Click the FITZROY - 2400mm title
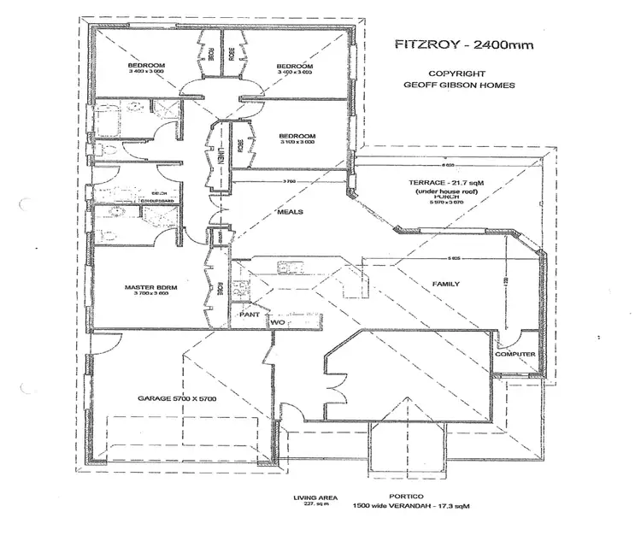pyautogui.click(x=450, y=44)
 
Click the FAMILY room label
pyautogui.click(x=445, y=284)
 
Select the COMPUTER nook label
pyautogui.click(x=515, y=354)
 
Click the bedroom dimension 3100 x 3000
pyautogui.click(x=297, y=143)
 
